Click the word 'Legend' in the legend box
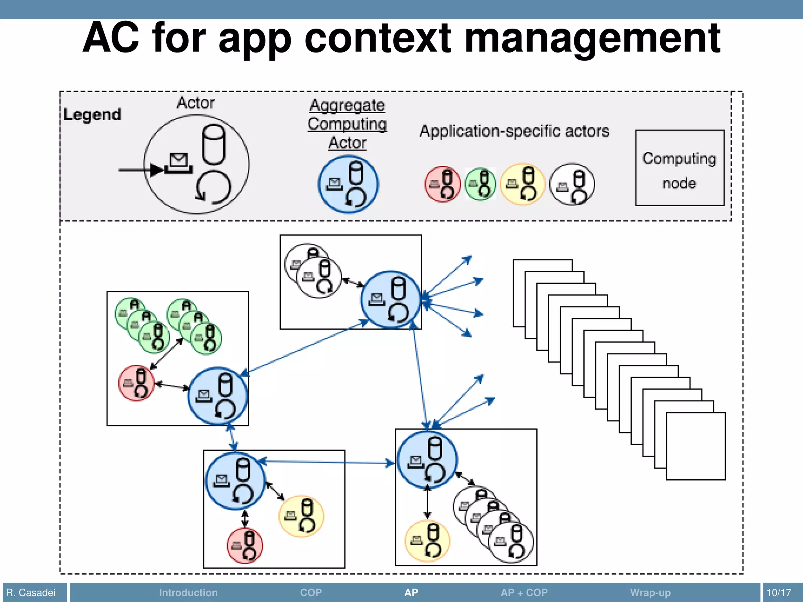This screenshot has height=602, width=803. click(x=92, y=115)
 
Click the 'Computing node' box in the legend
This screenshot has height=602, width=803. click(x=679, y=168)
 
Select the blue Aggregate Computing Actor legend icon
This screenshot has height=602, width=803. click(x=348, y=184)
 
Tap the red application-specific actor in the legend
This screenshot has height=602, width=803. click(x=442, y=184)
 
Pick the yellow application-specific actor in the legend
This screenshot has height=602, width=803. click(x=523, y=184)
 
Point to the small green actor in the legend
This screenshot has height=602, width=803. click(x=480, y=184)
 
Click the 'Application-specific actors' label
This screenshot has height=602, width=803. click(x=514, y=131)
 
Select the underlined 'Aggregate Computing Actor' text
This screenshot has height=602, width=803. click(x=347, y=124)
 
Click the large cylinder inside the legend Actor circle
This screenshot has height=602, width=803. click(x=213, y=144)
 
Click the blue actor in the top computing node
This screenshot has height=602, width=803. click(x=390, y=299)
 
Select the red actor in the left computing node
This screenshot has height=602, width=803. click(x=136, y=383)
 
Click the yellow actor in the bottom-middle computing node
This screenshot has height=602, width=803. click(x=301, y=516)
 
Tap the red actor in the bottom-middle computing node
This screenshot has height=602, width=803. click(x=245, y=546)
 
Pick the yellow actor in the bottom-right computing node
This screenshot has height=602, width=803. click(x=427, y=541)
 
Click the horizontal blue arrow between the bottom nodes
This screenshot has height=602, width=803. click(x=325, y=462)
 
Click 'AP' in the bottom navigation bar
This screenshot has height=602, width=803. click(x=411, y=593)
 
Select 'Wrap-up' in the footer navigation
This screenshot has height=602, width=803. click(x=650, y=593)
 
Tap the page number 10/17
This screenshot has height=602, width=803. click(x=779, y=593)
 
